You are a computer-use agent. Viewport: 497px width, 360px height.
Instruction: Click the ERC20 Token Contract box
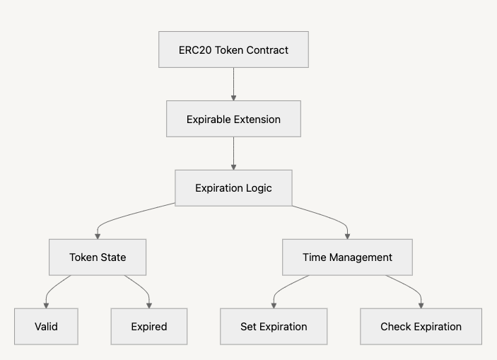pyautogui.click(x=233, y=50)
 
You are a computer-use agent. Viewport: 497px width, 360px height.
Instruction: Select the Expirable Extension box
pyautogui.click(x=233, y=120)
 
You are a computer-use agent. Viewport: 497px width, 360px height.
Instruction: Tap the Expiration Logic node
pyautogui.click(x=233, y=188)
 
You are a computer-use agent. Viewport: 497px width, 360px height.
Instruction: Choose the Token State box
pyautogui.click(x=98, y=257)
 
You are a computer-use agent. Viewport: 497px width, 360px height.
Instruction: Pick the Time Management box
pyautogui.click(x=347, y=257)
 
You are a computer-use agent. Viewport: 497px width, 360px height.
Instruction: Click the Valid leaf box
pyautogui.click(x=46, y=327)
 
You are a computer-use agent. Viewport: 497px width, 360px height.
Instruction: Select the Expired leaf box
pyautogui.click(x=149, y=327)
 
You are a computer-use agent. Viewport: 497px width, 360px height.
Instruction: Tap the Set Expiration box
pyautogui.click(x=274, y=327)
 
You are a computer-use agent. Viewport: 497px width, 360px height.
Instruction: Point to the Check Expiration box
pyautogui.click(x=421, y=327)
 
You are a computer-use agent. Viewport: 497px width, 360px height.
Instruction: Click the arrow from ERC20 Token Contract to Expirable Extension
pyautogui.click(x=233, y=83)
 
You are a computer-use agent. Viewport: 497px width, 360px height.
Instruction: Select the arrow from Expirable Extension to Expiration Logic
pyautogui.click(x=233, y=153)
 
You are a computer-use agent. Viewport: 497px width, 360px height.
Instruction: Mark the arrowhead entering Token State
pyautogui.click(x=98, y=236)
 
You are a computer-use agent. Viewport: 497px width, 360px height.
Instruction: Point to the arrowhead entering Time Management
pyautogui.click(x=347, y=236)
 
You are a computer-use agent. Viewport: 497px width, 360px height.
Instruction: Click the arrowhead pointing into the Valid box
pyautogui.click(x=46, y=305)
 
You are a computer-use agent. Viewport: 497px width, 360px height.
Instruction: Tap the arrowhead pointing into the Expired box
pyautogui.click(x=149, y=305)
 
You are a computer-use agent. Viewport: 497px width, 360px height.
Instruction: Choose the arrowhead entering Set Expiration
pyautogui.click(x=274, y=305)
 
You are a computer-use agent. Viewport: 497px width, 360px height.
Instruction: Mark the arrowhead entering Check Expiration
pyautogui.click(x=421, y=305)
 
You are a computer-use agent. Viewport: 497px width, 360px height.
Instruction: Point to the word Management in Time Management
pyautogui.click(x=361, y=257)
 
